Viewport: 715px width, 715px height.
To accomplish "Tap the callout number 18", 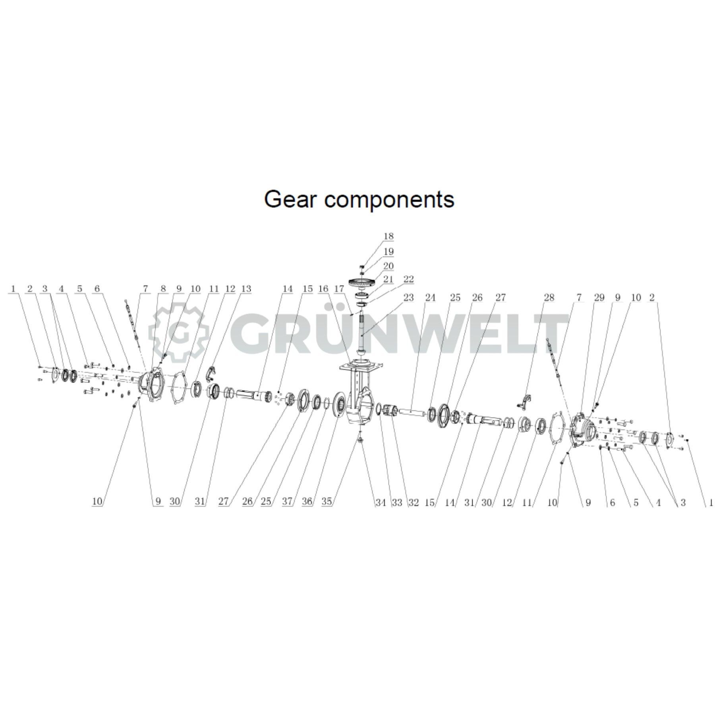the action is click(388, 236).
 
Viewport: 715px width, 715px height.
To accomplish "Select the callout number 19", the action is click(388, 251).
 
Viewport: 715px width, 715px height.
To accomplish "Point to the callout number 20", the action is click(388, 266).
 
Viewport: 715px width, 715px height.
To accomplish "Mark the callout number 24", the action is click(430, 297).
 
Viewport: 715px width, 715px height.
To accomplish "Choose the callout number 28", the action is click(549, 297).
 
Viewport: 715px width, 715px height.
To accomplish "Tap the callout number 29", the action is click(599, 297).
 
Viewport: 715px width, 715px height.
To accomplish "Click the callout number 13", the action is click(246, 289).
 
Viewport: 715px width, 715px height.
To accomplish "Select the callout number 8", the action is click(163, 289).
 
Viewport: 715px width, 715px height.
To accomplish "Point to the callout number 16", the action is click(323, 289).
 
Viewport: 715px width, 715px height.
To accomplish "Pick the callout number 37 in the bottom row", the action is click(287, 502).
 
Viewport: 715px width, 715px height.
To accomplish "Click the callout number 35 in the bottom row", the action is click(327, 502).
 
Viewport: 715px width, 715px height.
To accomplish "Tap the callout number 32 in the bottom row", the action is click(414, 502).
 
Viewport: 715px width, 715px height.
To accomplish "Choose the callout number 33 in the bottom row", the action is click(397, 502).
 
